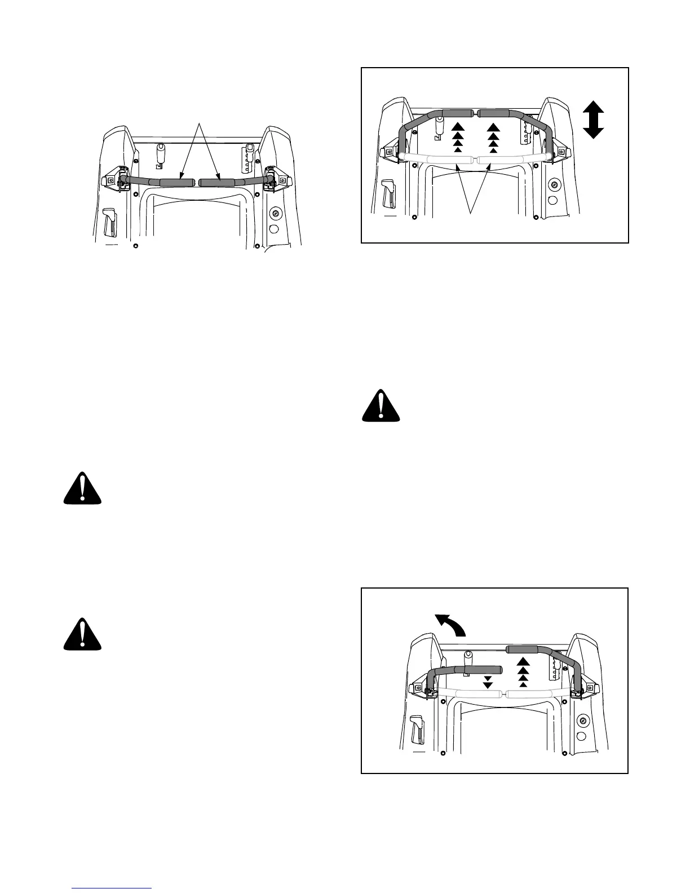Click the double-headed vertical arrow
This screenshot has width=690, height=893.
click(x=593, y=120)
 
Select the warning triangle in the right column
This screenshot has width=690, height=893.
click(x=381, y=405)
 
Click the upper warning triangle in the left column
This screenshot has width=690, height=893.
click(x=82, y=488)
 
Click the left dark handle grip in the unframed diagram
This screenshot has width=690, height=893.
click(x=177, y=182)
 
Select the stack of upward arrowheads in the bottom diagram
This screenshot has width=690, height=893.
click(x=523, y=671)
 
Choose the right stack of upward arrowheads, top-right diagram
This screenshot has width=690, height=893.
click(x=493, y=137)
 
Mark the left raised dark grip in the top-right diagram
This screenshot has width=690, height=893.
click(x=458, y=113)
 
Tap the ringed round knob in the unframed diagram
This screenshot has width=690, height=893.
click(x=276, y=213)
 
